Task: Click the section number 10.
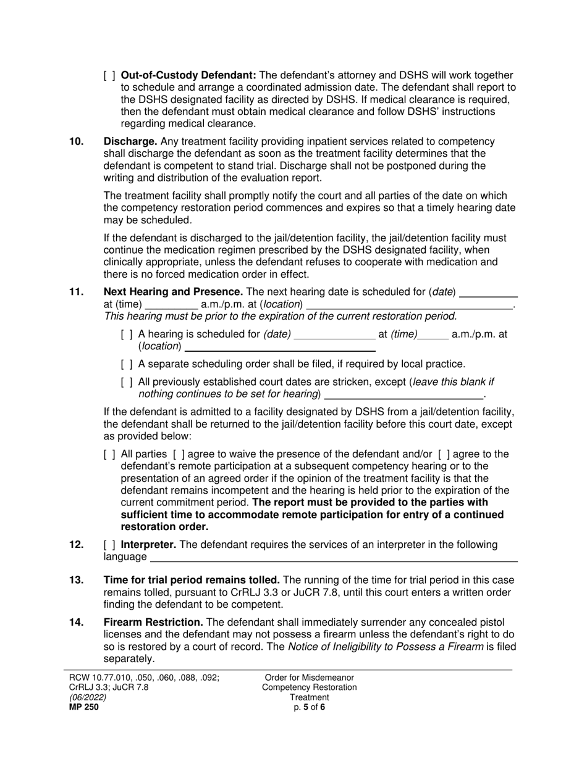[76, 141]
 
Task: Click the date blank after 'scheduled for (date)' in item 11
[489, 293]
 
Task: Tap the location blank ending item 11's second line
[410, 305]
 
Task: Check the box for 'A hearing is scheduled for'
[127, 334]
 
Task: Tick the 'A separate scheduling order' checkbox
[127, 364]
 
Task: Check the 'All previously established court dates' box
[127, 383]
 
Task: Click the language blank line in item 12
[334, 558]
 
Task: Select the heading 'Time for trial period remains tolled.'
[192, 580]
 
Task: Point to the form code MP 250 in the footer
[83, 707]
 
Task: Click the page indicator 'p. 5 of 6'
[310, 707]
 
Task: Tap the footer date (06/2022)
[87, 697]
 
